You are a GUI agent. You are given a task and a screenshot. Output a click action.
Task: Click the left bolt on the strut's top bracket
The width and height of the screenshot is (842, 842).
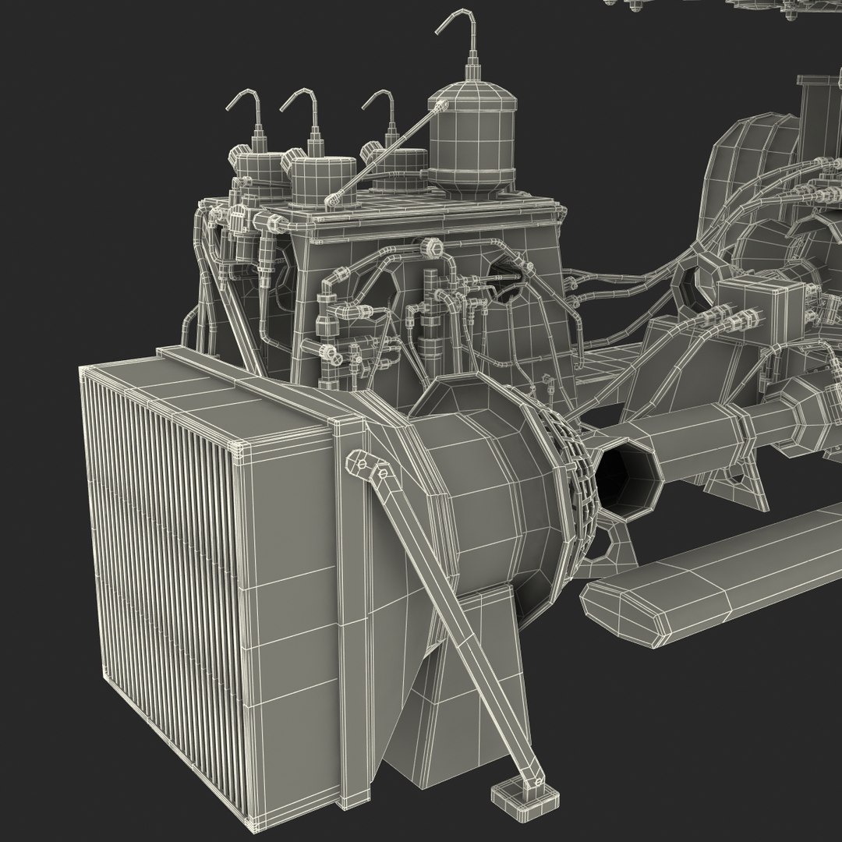point(363,464)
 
